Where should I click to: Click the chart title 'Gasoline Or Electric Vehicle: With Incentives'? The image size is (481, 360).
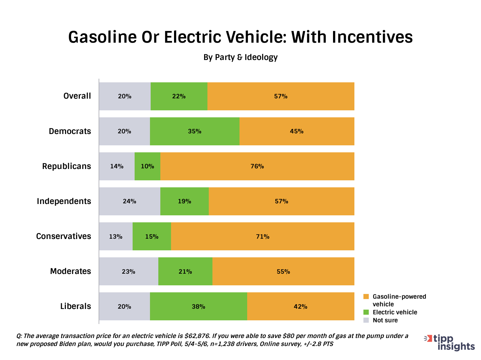pyautogui.click(x=240, y=37)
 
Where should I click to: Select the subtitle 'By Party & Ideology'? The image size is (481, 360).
pyautogui.click(x=240, y=57)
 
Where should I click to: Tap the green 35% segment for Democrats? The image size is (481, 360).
pyautogui.click(x=195, y=131)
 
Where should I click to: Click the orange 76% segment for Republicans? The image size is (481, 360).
pyautogui.click(x=257, y=166)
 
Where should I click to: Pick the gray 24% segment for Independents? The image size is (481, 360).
pyautogui.click(x=130, y=201)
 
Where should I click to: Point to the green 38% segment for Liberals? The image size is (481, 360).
pyautogui.click(x=198, y=306)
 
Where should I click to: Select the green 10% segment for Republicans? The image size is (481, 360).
pyautogui.click(x=147, y=166)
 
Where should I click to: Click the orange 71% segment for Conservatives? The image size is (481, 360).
pyautogui.click(x=263, y=236)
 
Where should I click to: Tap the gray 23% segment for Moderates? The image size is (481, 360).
pyautogui.click(x=129, y=271)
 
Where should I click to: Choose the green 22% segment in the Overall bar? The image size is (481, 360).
pyautogui.click(x=179, y=96)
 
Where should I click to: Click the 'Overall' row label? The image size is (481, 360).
pyautogui.click(x=77, y=96)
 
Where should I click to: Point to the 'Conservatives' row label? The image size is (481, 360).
pyautogui.click(x=63, y=236)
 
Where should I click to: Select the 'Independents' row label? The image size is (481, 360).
pyautogui.click(x=64, y=201)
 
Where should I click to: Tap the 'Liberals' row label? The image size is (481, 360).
pyautogui.click(x=75, y=306)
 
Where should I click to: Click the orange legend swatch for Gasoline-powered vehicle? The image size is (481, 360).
pyautogui.click(x=366, y=297)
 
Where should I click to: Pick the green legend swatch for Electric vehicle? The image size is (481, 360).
pyautogui.click(x=366, y=312)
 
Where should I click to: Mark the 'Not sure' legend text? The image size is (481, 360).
pyautogui.click(x=385, y=320)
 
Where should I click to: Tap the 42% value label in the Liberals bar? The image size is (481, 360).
pyautogui.click(x=300, y=307)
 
